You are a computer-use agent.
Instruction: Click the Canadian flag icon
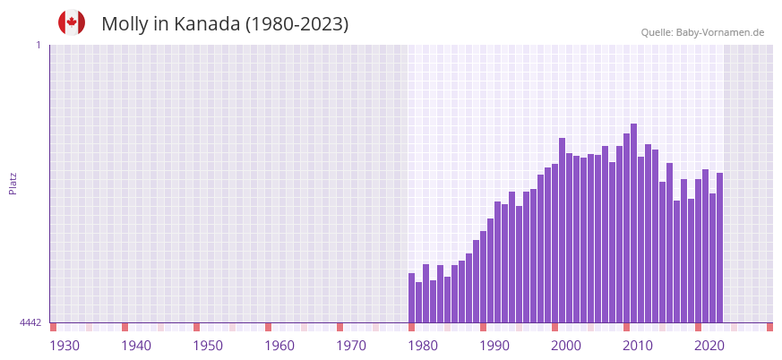[72, 22]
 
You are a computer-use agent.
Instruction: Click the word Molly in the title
[125, 24]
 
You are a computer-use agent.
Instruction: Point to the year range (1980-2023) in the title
[297, 24]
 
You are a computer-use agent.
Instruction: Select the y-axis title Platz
[13, 184]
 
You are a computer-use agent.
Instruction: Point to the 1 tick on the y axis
[38, 45]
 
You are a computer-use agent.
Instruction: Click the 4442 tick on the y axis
[30, 322]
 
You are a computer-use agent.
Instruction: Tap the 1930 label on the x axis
[64, 346]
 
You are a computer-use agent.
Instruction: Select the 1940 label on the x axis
[136, 346]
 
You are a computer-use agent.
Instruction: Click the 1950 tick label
[208, 346]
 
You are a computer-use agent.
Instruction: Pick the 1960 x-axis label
[279, 346]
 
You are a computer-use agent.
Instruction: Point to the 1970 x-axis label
[351, 346]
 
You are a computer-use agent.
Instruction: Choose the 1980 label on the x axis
[423, 346]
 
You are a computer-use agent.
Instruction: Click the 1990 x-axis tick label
[494, 346]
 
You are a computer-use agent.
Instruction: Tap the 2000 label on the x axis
[566, 346]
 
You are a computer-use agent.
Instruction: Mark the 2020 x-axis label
[709, 346]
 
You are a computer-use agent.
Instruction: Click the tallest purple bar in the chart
[633, 223]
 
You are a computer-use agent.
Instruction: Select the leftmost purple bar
[411, 297]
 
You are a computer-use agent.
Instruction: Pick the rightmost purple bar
[719, 247]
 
